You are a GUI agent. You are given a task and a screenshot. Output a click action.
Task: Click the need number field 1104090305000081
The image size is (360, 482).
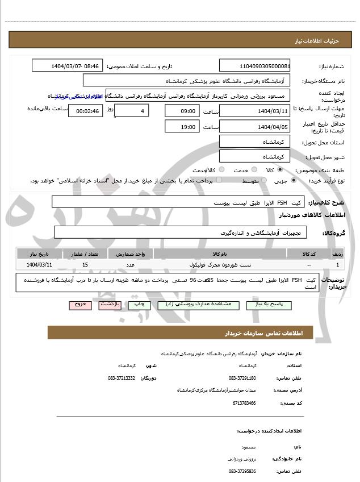click(x=254, y=66)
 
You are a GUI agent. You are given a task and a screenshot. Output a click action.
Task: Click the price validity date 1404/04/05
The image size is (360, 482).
click(x=254, y=126)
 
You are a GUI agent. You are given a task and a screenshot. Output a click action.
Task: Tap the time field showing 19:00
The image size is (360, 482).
click(x=182, y=126)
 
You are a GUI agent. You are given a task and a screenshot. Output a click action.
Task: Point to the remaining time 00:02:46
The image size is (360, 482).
click(x=85, y=111)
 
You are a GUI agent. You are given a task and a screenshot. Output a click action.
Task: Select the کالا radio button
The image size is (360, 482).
click(x=280, y=169)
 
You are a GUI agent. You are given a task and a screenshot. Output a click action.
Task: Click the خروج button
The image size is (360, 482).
click(x=79, y=305)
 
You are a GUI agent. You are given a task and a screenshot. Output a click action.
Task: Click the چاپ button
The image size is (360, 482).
click(x=139, y=305)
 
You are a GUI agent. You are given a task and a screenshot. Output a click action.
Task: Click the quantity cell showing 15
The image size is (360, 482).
click(x=85, y=265)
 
